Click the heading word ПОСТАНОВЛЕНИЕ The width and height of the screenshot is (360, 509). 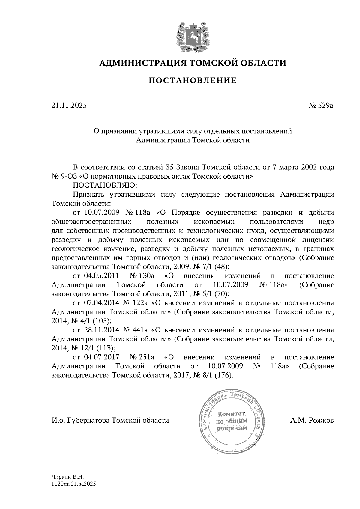pyautogui.click(x=193, y=80)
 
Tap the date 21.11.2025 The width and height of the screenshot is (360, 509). pyautogui.click(x=69, y=105)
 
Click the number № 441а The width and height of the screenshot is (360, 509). pyautogui.click(x=135, y=330)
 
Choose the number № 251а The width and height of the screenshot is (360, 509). pyautogui.click(x=142, y=357)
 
